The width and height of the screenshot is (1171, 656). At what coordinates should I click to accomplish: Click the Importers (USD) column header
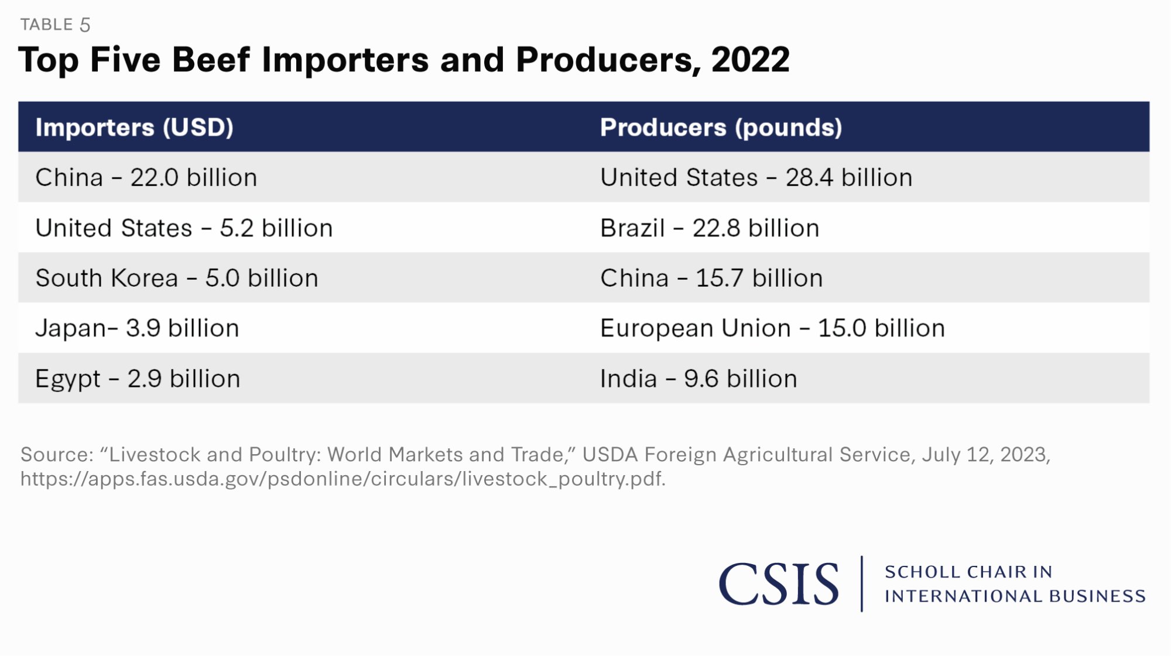pos(135,128)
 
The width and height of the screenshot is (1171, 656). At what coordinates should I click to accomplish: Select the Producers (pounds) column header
pos(721,128)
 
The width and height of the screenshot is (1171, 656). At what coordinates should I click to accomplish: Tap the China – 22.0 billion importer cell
pos(146,178)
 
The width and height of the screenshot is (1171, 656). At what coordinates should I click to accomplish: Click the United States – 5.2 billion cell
pos(184,228)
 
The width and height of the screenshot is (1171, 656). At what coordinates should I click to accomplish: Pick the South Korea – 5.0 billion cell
pos(177,279)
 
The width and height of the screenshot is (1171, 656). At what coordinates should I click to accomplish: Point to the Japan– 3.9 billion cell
pos(137,328)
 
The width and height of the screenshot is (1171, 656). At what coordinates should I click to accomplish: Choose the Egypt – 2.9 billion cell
pos(138,379)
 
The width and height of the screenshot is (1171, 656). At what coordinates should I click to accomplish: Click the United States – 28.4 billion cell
pos(756,178)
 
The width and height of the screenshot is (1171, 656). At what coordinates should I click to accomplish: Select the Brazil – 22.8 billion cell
pos(710,228)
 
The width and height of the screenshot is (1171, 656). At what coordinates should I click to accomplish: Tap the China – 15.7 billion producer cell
pos(711,279)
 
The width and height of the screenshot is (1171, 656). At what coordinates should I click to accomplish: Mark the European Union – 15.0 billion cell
pos(772,328)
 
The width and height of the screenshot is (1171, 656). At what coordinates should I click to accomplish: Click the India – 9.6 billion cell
pos(699,379)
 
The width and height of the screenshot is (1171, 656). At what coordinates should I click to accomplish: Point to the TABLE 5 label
pos(55,25)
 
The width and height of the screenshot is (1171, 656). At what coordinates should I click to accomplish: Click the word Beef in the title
pos(211,60)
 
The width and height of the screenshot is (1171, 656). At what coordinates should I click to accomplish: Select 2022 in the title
pos(750,60)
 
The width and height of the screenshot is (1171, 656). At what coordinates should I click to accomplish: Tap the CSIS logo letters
pos(779,584)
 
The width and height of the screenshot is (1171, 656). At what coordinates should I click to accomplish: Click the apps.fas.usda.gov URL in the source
pos(343,479)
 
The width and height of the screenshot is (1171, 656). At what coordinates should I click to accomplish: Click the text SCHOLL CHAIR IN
pos(968,572)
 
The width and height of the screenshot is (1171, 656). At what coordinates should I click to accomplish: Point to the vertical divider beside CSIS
pos(862,584)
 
